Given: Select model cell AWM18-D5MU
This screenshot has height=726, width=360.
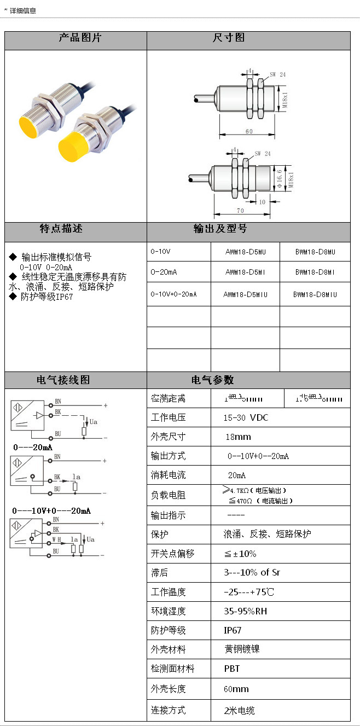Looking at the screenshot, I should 246,252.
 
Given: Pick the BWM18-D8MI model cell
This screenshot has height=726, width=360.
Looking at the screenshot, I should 315,272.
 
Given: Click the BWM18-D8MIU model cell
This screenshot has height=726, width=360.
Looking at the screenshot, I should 315,294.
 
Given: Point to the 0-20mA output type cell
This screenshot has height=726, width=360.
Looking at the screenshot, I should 164,272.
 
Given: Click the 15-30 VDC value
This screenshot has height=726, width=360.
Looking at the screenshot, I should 246,417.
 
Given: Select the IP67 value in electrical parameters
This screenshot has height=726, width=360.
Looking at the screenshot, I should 233,630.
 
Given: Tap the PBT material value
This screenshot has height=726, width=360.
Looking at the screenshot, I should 232,669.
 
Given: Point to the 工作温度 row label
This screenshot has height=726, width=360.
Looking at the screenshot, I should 169,592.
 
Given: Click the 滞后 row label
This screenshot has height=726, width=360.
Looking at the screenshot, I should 160,573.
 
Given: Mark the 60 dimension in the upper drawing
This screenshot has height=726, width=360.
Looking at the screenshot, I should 249,132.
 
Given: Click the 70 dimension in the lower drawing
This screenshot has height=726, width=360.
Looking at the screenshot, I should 241,210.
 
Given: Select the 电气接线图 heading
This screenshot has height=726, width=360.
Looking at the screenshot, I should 63,380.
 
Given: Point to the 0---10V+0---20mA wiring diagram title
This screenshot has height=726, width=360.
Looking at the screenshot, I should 51,511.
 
